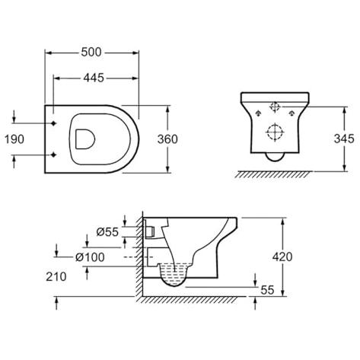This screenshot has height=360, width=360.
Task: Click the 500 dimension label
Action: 91,53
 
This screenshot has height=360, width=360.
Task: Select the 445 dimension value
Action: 94,78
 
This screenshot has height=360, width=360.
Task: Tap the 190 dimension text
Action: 14,139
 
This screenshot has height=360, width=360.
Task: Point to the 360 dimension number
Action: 167,139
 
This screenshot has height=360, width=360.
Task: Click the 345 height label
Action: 344,139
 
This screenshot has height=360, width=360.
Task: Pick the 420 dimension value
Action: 282,256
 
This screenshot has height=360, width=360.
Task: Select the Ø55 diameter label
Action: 107,231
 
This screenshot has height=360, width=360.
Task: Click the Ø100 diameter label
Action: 90,257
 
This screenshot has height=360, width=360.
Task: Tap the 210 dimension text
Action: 56,276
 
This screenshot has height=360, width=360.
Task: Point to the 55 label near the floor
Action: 267,290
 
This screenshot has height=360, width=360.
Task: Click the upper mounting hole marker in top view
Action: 53,123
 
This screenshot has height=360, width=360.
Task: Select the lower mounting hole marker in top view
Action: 53,155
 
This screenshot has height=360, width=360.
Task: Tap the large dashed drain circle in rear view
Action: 275,132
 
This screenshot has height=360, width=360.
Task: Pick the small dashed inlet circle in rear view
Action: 275,107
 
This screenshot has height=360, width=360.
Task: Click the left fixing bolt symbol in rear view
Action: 258,113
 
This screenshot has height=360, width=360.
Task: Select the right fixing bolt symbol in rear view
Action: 292,113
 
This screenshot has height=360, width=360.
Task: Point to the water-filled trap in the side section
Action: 176,275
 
